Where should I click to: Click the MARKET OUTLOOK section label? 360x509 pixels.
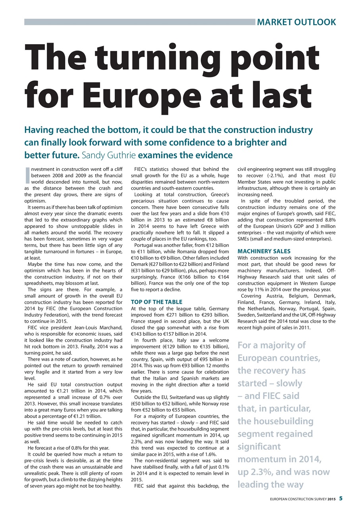point(296,22)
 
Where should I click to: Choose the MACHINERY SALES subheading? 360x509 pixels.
point(264,251)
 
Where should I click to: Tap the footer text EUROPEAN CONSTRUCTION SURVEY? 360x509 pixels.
point(292,499)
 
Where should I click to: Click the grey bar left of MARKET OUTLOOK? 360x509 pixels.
point(139,22)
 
